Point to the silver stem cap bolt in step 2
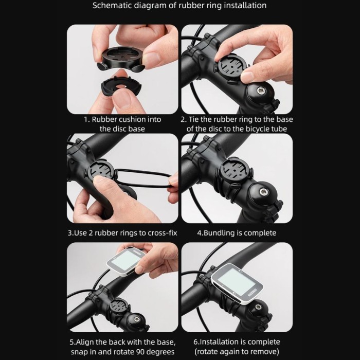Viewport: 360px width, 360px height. coord(261,91)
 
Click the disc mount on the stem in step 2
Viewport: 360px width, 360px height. coord(231,67)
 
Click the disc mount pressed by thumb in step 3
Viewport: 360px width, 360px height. coord(101,171)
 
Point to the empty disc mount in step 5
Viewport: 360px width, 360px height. coord(119,307)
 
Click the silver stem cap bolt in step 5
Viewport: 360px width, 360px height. coord(137,319)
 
